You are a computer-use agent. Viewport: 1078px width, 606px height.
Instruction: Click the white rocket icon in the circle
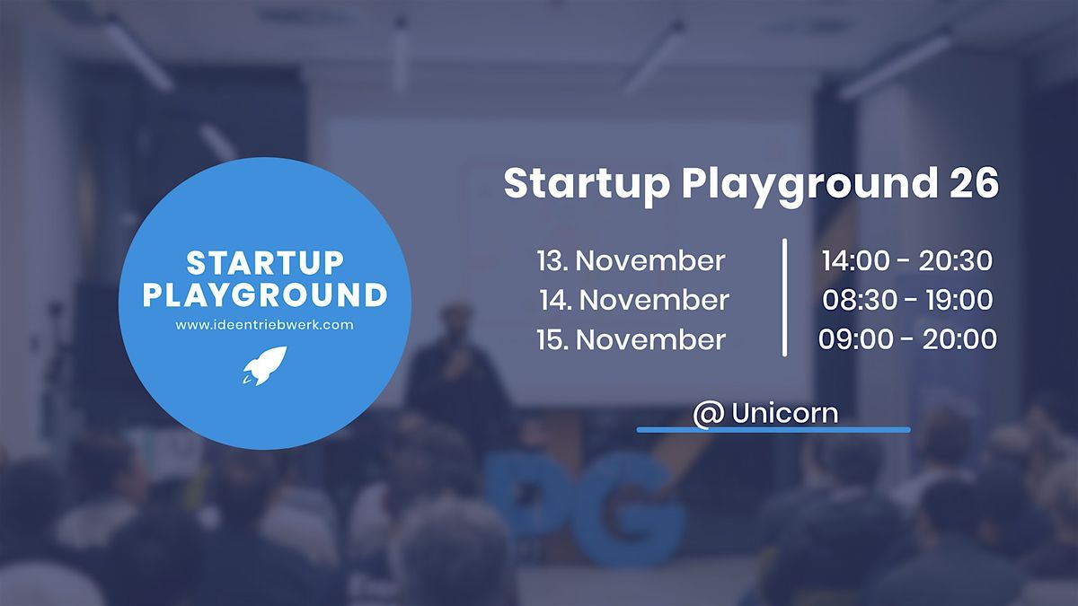[265, 365]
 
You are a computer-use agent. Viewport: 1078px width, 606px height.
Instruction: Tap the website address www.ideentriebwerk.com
[265, 325]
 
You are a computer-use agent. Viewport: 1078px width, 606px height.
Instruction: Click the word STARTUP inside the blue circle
[265, 263]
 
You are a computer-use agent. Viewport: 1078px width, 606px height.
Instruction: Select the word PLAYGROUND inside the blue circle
[265, 294]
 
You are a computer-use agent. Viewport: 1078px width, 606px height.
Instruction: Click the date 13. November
[631, 260]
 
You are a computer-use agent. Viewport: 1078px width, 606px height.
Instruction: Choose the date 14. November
[634, 300]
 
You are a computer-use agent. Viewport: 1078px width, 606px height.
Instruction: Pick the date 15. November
[631, 339]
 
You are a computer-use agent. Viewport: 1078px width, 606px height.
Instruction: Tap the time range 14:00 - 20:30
[906, 260]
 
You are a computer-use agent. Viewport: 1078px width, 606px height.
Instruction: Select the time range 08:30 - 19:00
[907, 300]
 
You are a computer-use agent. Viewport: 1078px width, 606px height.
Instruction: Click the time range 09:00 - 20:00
[907, 339]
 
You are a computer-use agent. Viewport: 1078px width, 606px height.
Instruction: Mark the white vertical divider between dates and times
[785, 297]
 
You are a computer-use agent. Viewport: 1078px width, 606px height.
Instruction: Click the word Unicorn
[785, 413]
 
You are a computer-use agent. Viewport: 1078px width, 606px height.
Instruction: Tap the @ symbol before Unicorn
[709, 415]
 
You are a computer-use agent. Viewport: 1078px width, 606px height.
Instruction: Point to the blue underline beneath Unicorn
[773, 429]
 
